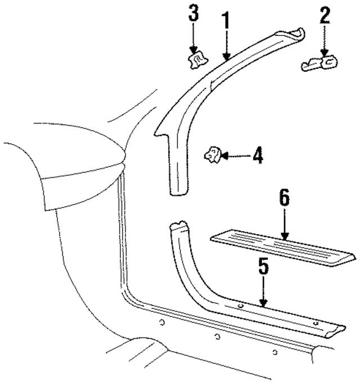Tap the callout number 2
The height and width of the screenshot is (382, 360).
324,16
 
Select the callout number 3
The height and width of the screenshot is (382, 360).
193,14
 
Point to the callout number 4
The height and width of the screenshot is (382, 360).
257,155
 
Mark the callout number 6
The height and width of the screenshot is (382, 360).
284,198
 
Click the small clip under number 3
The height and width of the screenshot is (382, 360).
197,60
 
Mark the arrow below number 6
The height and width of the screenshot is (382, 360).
285,225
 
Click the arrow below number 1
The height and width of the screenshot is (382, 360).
226,45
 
